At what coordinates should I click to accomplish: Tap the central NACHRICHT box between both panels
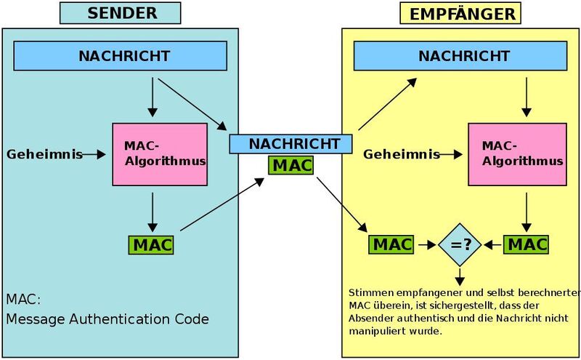coord(290,143)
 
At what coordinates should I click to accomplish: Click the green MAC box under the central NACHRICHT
coord(290,164)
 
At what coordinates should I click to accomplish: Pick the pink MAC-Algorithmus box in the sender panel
coord(153,153)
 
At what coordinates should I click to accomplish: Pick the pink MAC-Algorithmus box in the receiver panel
coord(516,153)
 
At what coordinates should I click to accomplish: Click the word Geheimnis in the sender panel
coord(40,154)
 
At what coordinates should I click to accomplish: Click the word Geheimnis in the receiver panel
coord(402,154)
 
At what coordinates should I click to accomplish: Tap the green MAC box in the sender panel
coord(153,245)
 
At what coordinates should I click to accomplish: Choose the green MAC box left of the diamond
coord(391,244)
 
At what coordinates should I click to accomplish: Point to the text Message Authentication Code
coord(107,319)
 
